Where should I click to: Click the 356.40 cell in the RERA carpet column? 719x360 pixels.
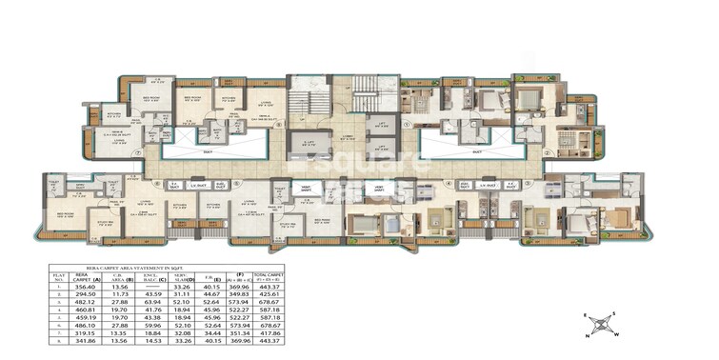[86, 286]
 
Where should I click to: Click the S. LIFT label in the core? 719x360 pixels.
[308, 142]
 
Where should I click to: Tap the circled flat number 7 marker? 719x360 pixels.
[139, 150]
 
